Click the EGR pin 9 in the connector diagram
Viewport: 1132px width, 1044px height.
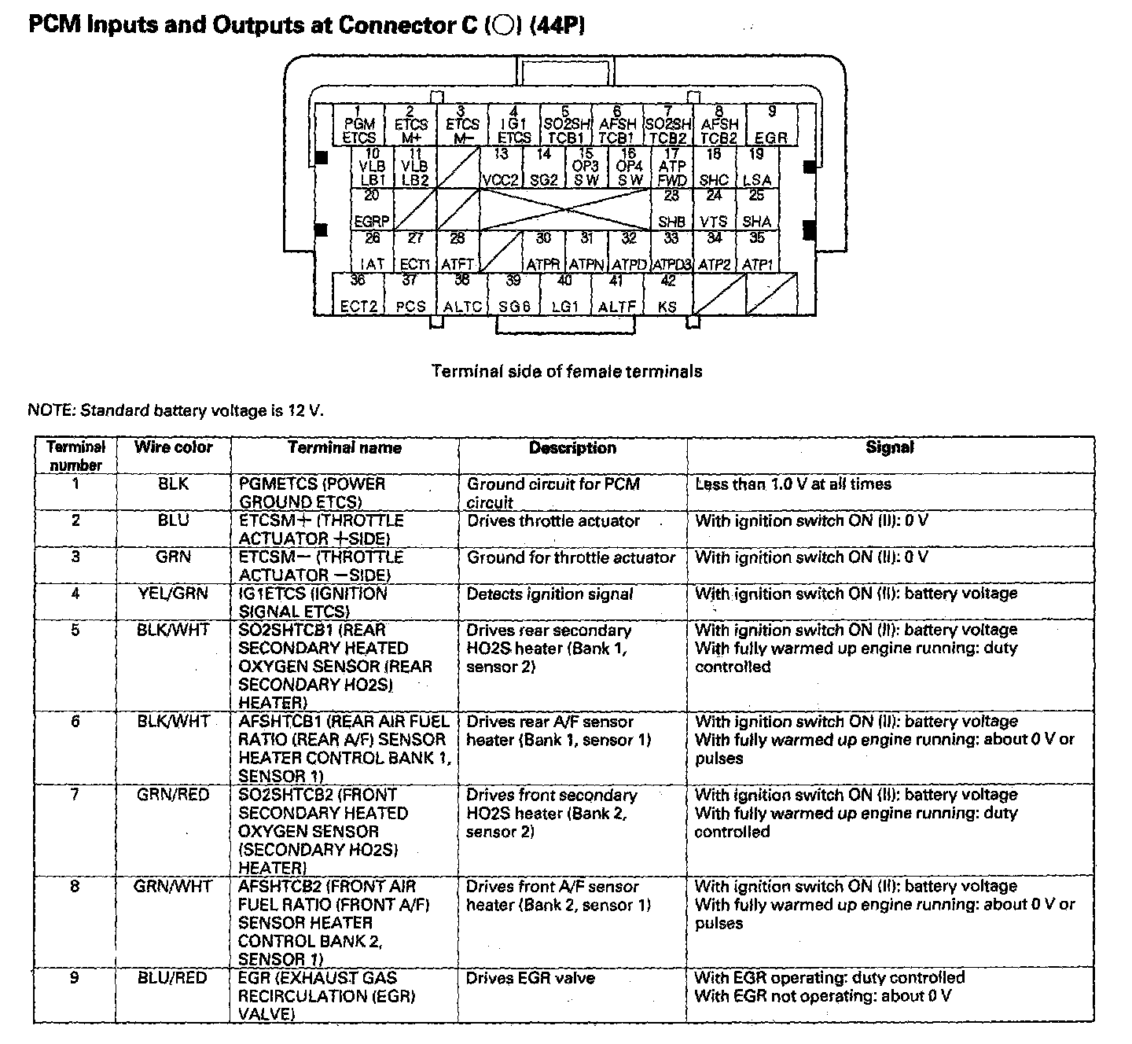[x=771, y=125]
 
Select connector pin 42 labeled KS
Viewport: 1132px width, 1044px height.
[x=667, y=294]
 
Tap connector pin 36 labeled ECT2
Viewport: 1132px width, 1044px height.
[x=358, y=294]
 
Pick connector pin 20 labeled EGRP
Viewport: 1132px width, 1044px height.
[x=372, y=209]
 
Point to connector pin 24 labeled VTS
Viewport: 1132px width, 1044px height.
[x=714, y=209]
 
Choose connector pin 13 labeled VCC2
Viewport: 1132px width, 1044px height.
[x=501, y=167]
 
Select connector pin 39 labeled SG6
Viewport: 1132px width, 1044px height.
[x=513, y=294]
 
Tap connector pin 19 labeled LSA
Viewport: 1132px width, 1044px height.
[x=756, y=167]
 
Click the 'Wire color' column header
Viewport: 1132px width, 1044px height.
[x=173, y=447]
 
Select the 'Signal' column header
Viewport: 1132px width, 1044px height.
[x=890, y=447]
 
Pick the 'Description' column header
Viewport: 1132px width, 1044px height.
[x=572, y=448]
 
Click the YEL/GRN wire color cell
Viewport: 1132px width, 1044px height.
[x=173, y=594]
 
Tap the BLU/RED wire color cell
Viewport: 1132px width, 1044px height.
[x=173, y=978]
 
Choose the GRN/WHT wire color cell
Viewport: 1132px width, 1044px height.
[x=173, y=887]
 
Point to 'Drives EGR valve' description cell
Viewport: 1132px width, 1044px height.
[x=531, y=979]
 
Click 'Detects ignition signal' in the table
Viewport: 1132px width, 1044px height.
[x=549, y=594]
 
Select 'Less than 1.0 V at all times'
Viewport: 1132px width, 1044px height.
[x=793, y=484]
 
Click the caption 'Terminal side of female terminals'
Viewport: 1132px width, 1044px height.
[x=567, y=371]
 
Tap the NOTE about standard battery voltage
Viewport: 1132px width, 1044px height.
[x=175, y=410]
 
